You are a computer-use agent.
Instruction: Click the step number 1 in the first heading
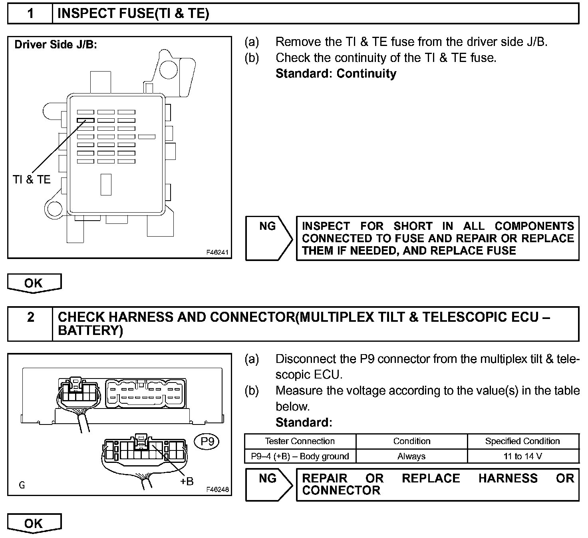click(x=30, y=14)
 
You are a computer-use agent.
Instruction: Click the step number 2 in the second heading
click(x=30, y=317)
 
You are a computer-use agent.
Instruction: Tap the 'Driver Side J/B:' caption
click(x=56, y=44)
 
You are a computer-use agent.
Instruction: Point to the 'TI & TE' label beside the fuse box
click(x=32, y=179)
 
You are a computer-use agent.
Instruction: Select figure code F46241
click(x=217, y=252)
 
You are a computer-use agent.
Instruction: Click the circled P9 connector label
click(x=207, y=442)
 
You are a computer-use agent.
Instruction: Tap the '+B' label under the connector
click(x=187, y=481)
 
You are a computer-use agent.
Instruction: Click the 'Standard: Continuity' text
click(x=336, y=74)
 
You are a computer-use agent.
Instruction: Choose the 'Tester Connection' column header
click(x=300, y=441)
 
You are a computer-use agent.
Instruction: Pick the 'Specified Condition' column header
click(x=522, y=441)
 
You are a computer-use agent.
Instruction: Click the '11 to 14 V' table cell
click(x=522, y=456)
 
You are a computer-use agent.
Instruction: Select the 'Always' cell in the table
click(x=411, y=456)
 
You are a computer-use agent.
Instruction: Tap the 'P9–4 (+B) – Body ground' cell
click(x=300, y=456)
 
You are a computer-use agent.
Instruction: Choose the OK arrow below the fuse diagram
click(x=34, y=283)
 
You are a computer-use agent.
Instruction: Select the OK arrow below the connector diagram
click(x=34, y=523)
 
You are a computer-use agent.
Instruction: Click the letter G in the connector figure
click(x=22, y=485)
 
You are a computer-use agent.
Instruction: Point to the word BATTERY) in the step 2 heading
click(x=91, y=331)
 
